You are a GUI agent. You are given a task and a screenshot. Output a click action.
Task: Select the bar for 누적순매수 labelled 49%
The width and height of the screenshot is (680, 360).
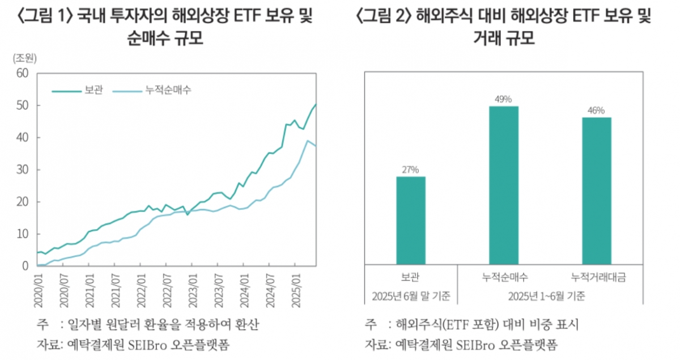tap(504, 185)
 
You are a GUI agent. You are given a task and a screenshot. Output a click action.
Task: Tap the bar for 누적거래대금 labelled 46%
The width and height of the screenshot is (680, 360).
tap(596, 190)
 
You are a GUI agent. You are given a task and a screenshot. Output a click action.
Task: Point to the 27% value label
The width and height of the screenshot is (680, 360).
tap(411, 169)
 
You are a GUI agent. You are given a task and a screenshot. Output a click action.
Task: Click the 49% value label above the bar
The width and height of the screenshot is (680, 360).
tap(504, 99)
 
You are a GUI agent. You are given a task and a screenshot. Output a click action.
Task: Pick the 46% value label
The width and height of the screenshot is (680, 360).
tap(596, 110)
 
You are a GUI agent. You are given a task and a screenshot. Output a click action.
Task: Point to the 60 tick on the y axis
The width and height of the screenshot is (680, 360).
tap(22, 73)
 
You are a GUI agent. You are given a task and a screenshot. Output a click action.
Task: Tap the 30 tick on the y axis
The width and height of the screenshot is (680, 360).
tap(22, 170)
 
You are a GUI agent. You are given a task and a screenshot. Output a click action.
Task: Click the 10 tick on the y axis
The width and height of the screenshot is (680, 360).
tap(22, 234)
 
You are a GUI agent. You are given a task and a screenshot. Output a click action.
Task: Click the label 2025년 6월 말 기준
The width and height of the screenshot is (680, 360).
tap(411, 296)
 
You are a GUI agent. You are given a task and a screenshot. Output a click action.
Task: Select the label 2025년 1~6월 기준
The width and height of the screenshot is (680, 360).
tap(550, 296)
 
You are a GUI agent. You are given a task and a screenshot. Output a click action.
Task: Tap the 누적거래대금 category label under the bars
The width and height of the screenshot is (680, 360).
tap(596, 278)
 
